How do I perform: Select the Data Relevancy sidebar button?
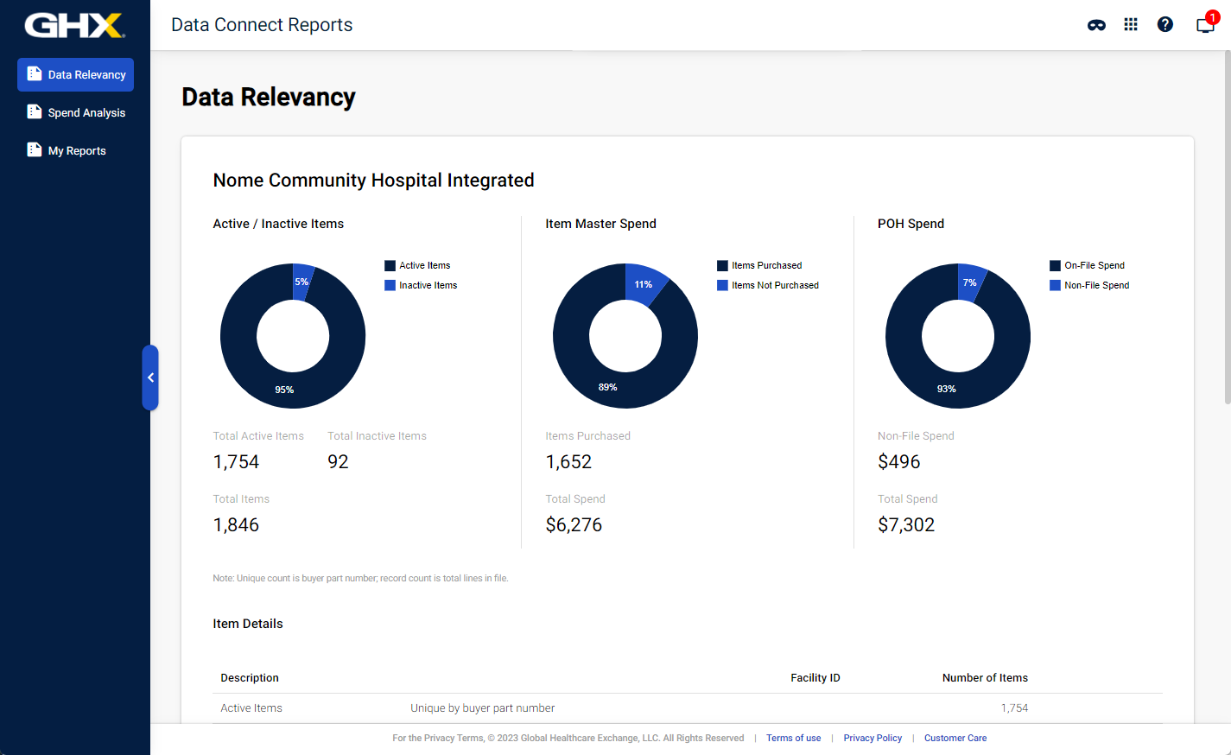[x=76, y=75]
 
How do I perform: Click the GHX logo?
[x=74, y=25]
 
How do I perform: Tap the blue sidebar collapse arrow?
[x=150, y=377]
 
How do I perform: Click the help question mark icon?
[x=1164, y=25]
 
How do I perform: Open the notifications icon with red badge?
[x=1204, y=24]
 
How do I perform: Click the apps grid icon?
[x=1130, y=25]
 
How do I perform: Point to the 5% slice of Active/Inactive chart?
[x=301, y=281]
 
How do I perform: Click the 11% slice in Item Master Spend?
[x=644, y=283]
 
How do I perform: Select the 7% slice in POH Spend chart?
[x=970, y=282]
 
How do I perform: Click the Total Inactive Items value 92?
[x=338, y=462]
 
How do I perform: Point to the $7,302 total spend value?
[x=906, y=525]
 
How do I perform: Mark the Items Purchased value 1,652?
[x=568, y=462]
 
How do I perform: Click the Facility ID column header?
[x=815, y=678]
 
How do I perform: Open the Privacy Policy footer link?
[x=872, y=738]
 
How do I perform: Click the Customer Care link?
[x=955, y=738]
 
